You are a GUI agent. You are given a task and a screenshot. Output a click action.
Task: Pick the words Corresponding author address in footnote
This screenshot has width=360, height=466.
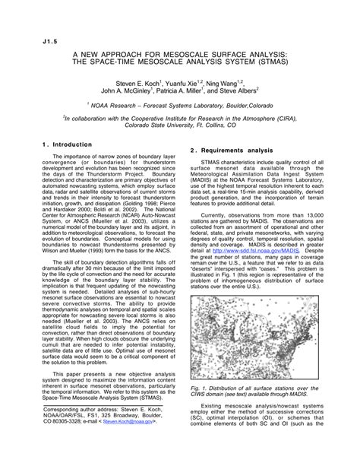pyautogui.click(x=75, y=429)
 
